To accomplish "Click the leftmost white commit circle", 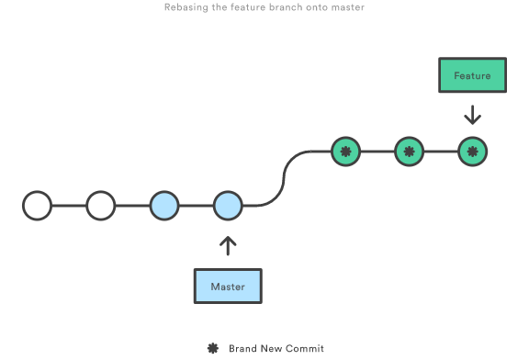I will pyautogui.click(x=38, y=206).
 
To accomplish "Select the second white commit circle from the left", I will pyautogui.click(x=101, y=206).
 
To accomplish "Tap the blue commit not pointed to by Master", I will pyautogui.click(x=164, y=206).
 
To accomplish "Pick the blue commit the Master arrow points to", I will pyautogui.click(x=228, y=206).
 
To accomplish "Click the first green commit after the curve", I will pyautogui.click(x=345, y=152).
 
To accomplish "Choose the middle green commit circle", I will pyautogui.click(x=409, y=152).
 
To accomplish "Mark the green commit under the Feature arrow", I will pyautogui.click(x=472, y=152).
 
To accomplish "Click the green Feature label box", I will pyautogui.click(x=472, y=75).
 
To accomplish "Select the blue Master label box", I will pyautogui.click(x=228, y=286).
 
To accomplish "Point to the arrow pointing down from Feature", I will pyautogui.click(x=472, y=115).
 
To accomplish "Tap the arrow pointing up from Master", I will pyautogui.click(x=228, y=246).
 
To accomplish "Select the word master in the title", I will pyautogui.click(x=349, y=7).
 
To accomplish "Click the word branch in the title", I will pyautogui.click(x=284, y=7).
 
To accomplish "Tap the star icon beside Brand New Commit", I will pyautogui.click(x=212, y=348).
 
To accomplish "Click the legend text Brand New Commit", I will pyautogui.click(x=276, y=348).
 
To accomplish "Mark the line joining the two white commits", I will pyautogui.click(x=70, y=206).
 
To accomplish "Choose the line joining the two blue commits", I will pyautogui.click(x=196, y=206).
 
